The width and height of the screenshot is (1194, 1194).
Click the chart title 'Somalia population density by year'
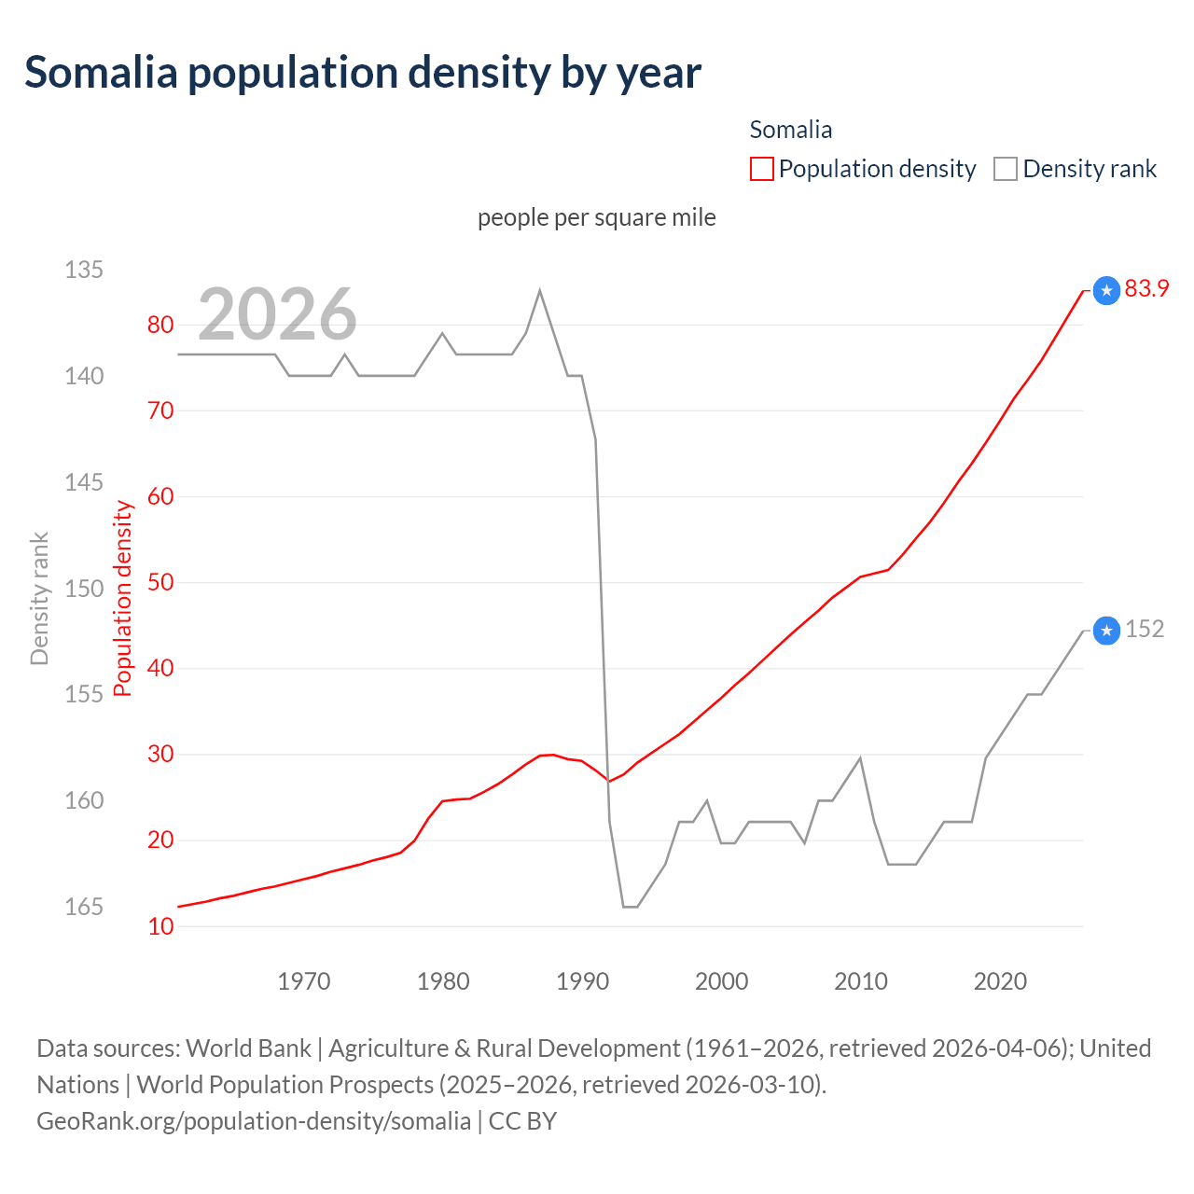point(363,73)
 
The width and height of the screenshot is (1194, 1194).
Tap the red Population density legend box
point(762,169)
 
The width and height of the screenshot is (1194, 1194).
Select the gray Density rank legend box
point(1005,169)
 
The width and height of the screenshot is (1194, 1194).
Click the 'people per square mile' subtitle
point(597,217)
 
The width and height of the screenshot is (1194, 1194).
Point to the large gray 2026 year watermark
point(277,314)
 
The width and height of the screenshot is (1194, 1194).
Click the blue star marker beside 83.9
point(1106,291)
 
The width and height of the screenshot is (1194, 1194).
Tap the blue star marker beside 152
point(1106,632)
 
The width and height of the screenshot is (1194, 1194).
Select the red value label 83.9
point(1146,289)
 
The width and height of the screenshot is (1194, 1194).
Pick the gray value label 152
point(1145,630)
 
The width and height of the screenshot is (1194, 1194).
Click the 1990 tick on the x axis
point(582,981)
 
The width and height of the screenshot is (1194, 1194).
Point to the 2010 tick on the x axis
point(861,981)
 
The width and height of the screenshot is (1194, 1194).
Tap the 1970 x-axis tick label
point(304,981)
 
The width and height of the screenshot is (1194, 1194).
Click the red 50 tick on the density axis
point(160,582)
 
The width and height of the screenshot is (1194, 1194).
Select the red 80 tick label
point(160,325)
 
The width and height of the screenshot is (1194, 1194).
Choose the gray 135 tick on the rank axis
point(84,270)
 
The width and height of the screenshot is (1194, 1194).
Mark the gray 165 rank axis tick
point(84,907)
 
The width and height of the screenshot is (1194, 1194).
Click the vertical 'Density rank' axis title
point(39,599)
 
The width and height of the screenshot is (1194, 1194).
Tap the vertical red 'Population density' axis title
point(123,599)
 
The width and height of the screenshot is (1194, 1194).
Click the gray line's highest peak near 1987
point(540,290)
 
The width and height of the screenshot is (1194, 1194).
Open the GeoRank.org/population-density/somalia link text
point(254,1121)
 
